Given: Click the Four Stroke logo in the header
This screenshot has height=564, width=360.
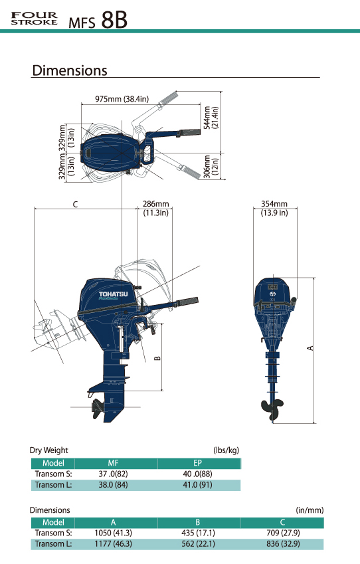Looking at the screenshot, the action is [x=34, y=19].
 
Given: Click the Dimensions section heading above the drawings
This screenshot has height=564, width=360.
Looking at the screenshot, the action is [x=70, y=70].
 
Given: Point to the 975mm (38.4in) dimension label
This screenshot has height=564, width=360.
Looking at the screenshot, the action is [x=122, y=99].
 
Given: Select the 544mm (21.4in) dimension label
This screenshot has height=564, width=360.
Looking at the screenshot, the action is [x=211, y=118].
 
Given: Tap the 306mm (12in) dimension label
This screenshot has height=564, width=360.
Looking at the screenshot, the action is [x=211, y=165].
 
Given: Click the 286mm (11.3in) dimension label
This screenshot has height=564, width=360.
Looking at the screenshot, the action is [x=155, y=209].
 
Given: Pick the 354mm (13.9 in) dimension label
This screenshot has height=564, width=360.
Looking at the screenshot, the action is [x=274, y=209].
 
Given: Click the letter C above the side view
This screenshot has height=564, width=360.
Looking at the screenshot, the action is [x=75, y=205].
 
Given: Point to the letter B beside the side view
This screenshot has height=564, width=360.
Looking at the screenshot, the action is [x=157, y=358].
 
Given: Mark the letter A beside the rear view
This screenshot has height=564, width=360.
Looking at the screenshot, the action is [x=310, y=348].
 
